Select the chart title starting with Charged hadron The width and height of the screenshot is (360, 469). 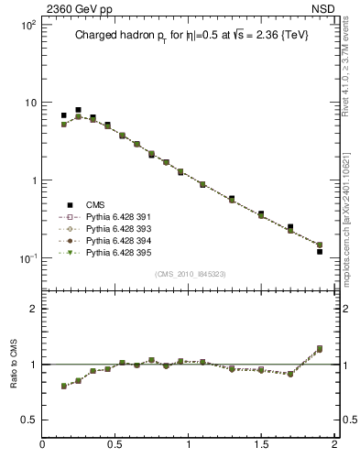point(184,36)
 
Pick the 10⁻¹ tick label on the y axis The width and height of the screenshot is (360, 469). point(25,257)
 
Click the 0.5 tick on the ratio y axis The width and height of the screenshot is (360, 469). point(27,420)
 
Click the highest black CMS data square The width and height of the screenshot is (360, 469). point(78,110)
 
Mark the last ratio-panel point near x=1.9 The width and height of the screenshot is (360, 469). point(320,348)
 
